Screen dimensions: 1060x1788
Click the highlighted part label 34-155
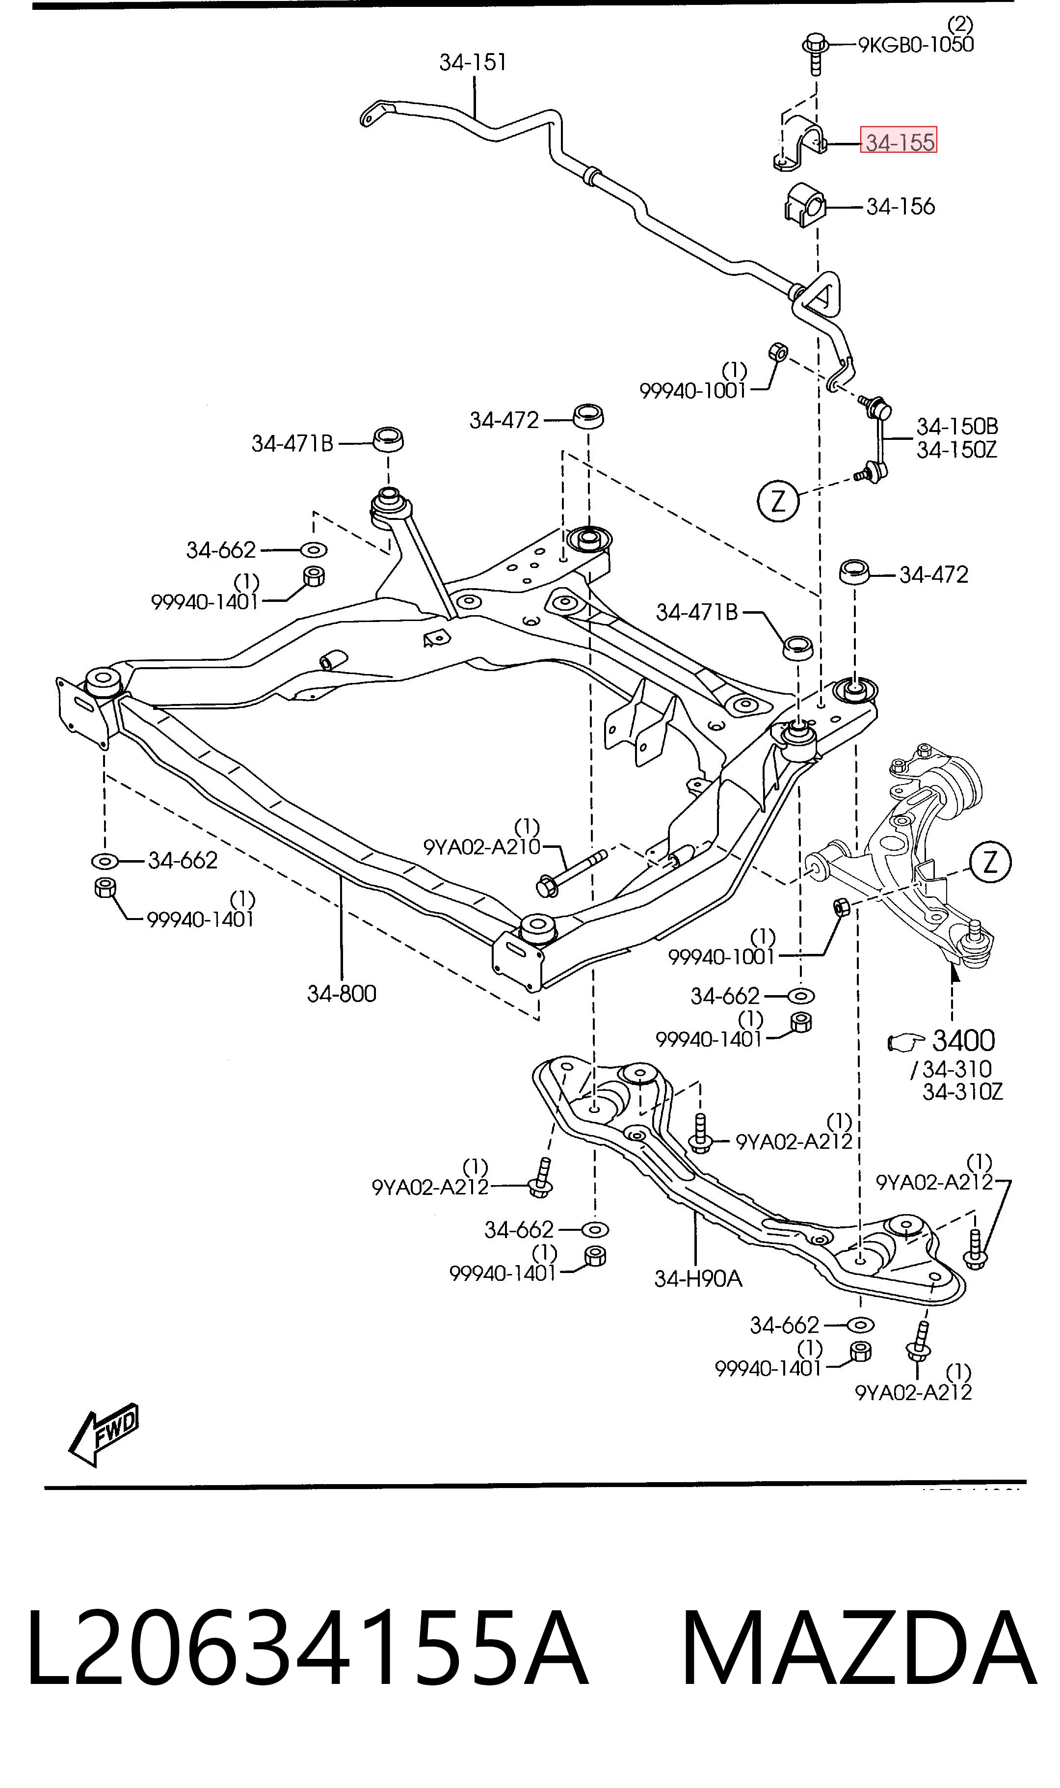900,142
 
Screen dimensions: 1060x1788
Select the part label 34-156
900,207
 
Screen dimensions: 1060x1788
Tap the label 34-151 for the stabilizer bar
473,63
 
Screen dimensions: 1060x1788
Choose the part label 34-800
342,994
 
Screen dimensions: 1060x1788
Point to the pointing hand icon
906,1042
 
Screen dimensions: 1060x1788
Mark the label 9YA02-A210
482,847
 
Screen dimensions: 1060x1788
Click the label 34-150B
957,427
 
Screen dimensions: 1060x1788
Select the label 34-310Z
963,1091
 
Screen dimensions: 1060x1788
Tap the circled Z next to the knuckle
990,864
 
